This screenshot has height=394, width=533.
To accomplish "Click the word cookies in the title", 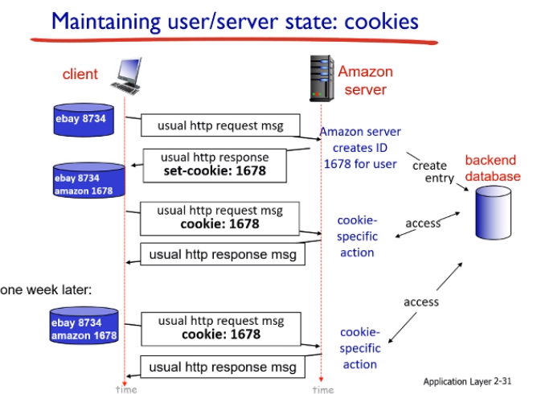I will click(378, 20).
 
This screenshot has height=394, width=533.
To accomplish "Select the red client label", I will click(80, 74).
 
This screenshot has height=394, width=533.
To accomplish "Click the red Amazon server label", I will click(366, 80).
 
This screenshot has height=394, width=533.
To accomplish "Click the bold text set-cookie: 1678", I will click(215, 170).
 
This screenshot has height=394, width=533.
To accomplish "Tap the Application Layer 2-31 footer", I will click(467, 380).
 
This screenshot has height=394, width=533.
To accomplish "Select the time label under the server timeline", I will click(322, 389).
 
